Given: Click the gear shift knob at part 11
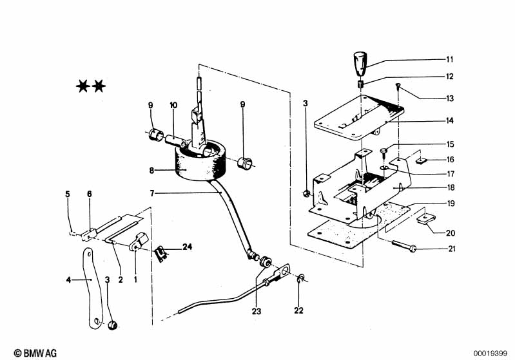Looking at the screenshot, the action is pyautogui.click(x=360, y=63).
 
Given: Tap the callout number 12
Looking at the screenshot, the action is pyautogui.click(x=450, y=77).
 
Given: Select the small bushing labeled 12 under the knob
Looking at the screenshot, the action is pyautogui.click(x=360, y=84).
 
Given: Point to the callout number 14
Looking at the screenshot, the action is pyautogui.click(x=450, y=121).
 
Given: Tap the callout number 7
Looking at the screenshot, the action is pyautogui.click(x=151, y=193).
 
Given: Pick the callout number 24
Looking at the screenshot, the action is pyautogui.click(x=187, y=247).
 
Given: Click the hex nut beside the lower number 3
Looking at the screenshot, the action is pyautogui.click(x=113, y=325).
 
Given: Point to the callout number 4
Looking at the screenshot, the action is pyautogui.click(x=68, y=280).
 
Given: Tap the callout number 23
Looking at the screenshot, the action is pyautogui.click(x=257, y=311).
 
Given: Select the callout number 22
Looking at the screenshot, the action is pyautogui.click(x=298, y=310).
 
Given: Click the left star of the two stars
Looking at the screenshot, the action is pyautogui.click(x=83, y=86).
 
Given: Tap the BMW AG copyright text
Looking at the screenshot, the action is pyautogui.click(x=35, y=353).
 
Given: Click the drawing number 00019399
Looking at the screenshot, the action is pyautogui.click(x=490, y=354).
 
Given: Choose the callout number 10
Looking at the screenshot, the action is pyautogui.click(x=173, y=106).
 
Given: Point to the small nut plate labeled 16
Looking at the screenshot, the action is pyautogui.click(x=421, y=161).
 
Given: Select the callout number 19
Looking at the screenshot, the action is pyautogui.click(x=451, y=204).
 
